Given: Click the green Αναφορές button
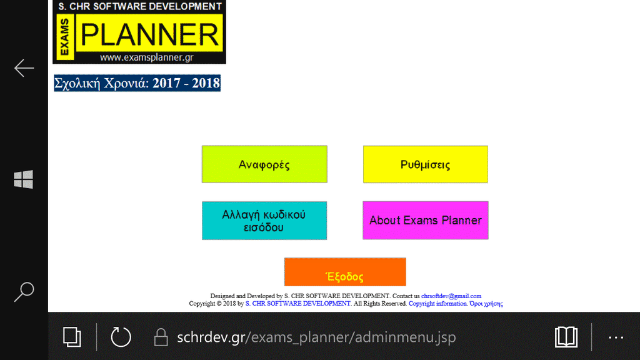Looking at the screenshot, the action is (x=264, y=164).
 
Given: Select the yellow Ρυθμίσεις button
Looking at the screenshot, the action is (x=425, y=164).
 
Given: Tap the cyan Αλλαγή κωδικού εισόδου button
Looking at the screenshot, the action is (x=264, y=221).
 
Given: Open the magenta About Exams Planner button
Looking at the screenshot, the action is (x=425, y=221).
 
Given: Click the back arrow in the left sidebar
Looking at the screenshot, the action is (x=24, y=67).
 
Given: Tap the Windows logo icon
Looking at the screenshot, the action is (x=23, y=179).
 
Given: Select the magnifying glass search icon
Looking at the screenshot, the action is (x=24, y=292).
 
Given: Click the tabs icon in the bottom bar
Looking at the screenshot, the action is (x=72, y=337).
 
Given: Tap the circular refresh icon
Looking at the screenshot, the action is (x=121, y=337).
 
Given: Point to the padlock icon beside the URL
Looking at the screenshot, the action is (x=161, y=337).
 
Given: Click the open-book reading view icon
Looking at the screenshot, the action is (x=566, y=337).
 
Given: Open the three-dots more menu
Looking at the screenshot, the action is (x=616, y=337).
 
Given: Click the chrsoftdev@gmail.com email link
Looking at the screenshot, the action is (x=451, y=296).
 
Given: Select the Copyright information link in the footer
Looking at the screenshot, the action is (x=437, y=304).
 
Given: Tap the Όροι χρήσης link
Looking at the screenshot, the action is (x=486, y=304).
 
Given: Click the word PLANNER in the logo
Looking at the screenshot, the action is (x=149, y=34).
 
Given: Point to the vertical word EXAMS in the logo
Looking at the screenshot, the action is (x=64, y=37).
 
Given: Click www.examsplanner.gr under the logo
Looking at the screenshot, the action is (x=146, y=57).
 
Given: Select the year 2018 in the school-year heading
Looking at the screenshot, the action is (x=206, y=83).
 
